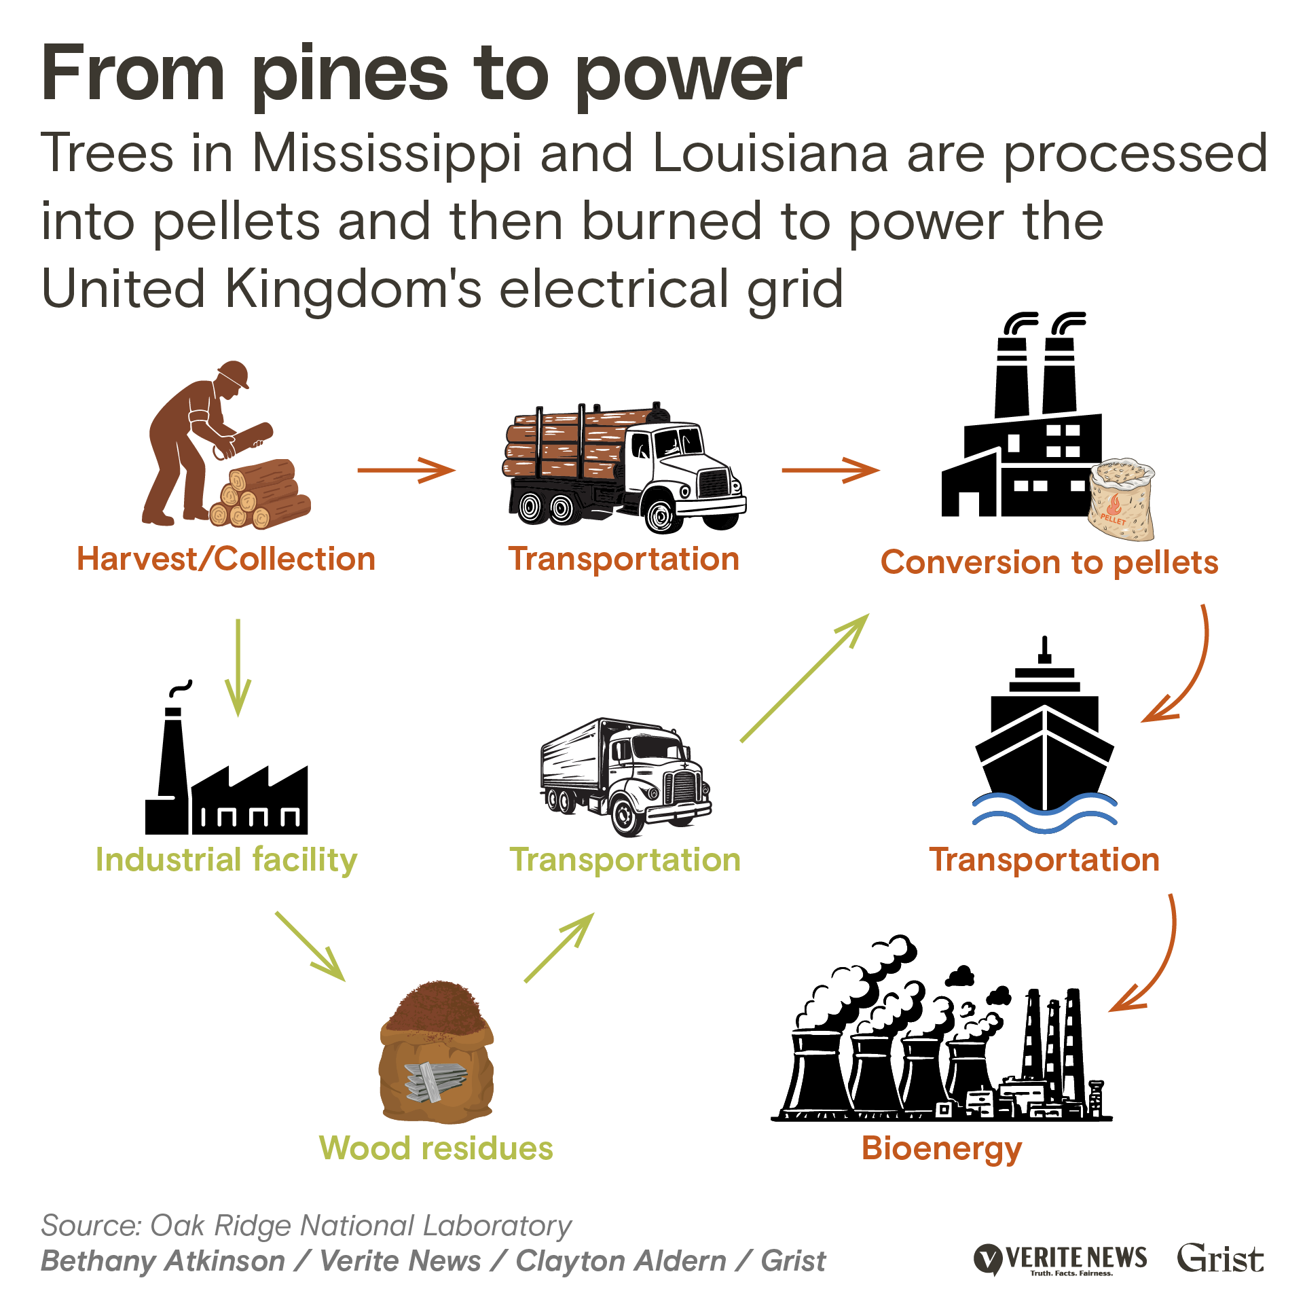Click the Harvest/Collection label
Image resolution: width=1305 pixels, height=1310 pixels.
[225, 560]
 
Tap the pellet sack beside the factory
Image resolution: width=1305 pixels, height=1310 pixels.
[1122, 500]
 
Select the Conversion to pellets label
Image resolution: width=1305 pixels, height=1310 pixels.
[1049, 563]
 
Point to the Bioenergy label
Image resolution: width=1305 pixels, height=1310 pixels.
[942, 1149]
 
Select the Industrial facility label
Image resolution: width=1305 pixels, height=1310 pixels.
[226, 860]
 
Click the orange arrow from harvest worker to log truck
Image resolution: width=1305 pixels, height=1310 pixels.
[406, 470]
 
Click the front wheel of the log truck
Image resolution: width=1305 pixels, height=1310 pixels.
[660, 515]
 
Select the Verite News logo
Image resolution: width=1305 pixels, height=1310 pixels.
[1060, 1258]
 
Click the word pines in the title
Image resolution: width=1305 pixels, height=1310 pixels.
[349, 75]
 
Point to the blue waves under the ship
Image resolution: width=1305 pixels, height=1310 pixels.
[1044, 812]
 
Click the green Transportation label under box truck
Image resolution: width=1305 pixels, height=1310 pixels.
[625, 860]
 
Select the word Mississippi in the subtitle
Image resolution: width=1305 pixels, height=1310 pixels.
[387, 154]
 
